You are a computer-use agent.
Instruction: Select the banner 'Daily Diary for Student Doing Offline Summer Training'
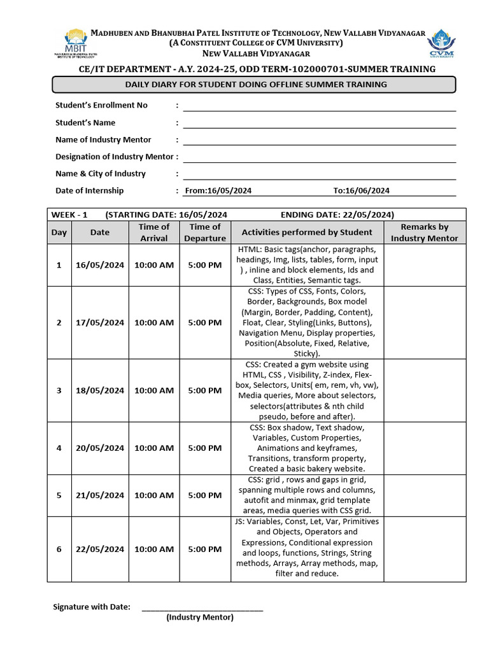(253, 85)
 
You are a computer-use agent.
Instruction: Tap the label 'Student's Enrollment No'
(101, 105)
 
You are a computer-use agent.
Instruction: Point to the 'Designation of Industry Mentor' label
(114, 157)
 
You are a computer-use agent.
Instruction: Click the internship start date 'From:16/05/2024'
(218, 190)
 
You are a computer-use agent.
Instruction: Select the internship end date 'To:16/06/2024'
(361, 190)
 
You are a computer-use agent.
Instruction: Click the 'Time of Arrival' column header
(154, 232)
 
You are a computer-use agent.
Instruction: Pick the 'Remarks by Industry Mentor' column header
(424, 232)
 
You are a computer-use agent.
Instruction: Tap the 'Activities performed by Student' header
(307, 232)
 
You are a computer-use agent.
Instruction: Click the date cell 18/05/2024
(100, 390)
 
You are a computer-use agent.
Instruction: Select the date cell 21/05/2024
(100, 495)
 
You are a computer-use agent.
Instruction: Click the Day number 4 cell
(59, 448)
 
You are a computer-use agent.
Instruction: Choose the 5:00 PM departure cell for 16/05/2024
(205, 265)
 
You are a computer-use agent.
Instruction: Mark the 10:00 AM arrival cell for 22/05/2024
(154, 549)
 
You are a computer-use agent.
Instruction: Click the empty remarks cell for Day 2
(424, 322)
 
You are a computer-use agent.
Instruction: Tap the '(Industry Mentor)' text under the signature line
(200, 618)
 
